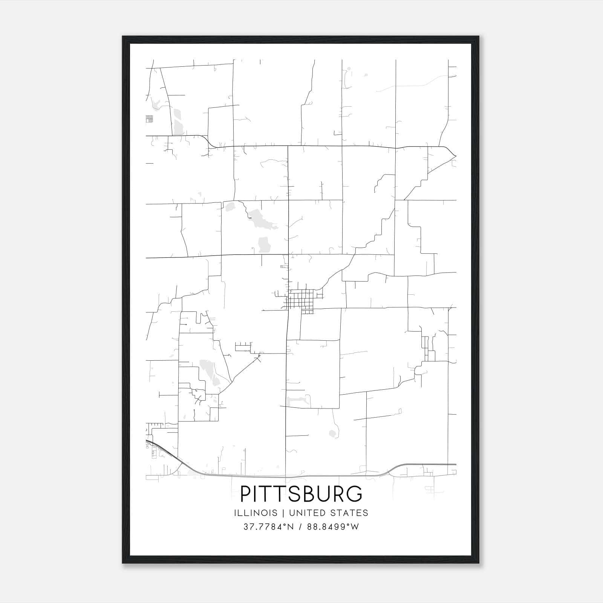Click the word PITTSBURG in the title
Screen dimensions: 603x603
coord(301,494)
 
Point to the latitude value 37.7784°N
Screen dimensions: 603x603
coord(268,527)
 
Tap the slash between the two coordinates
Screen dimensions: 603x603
coord(300,527)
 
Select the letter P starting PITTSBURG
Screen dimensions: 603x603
coord(246,494)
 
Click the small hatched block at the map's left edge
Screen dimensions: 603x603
coord(149,119)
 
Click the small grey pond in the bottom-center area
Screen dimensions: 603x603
coord(332,433)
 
